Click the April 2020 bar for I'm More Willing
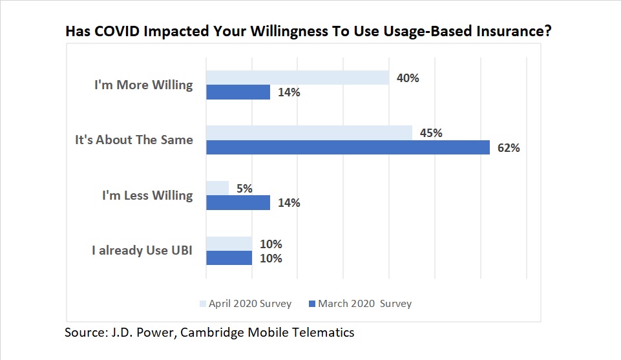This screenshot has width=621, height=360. point(297,78)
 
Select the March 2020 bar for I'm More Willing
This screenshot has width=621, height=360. point(238,92)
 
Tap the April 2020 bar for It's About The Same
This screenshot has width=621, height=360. point(309,133)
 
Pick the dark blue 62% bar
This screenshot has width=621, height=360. point(348,147)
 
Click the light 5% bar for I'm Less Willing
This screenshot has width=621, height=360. point(217,188)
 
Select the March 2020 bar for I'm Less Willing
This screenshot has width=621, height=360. point(238,202)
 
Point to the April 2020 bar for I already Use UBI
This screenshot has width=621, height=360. point(229,244)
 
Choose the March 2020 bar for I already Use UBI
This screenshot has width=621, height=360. point(229,258)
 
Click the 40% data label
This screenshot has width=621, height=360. point(408,78)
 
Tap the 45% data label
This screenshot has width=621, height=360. point(432,133)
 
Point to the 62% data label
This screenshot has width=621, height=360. point(509,147)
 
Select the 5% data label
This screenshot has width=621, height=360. point(244,189)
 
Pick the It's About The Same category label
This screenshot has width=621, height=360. point(134,140)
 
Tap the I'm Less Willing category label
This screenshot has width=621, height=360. point(147,195)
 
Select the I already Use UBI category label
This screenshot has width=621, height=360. point(142,250)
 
